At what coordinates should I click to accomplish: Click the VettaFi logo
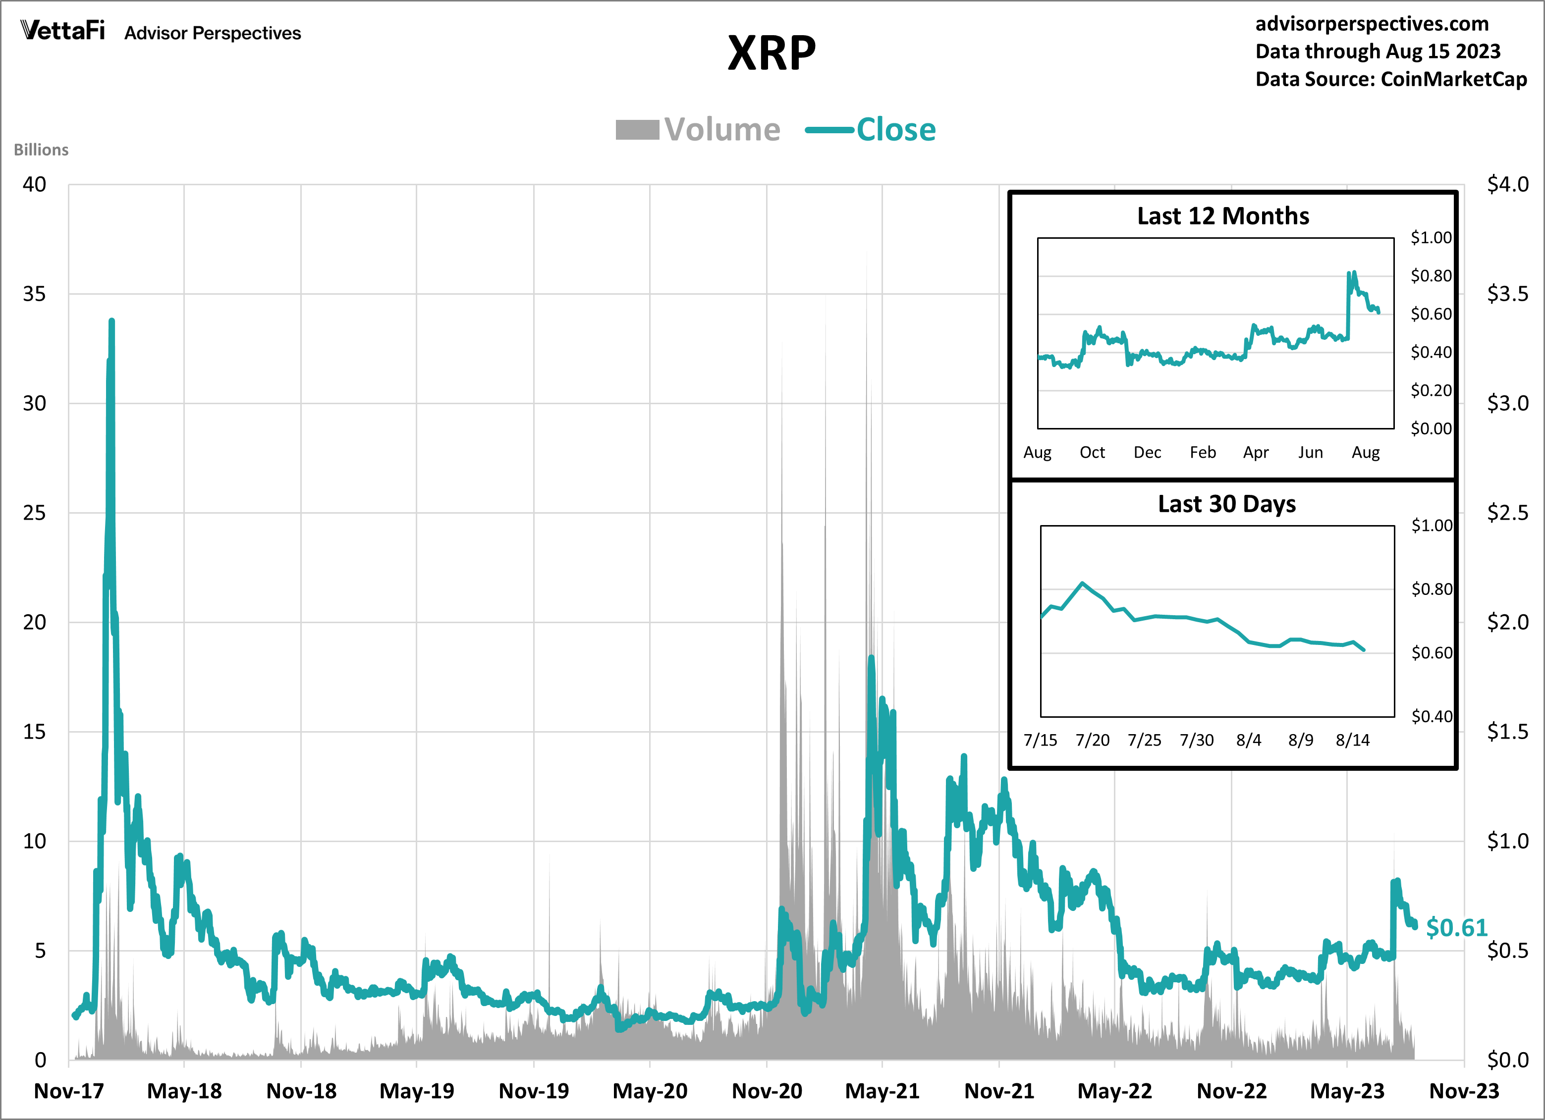click(x=62, y=31)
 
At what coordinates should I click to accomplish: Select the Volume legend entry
click(x=698, y=129)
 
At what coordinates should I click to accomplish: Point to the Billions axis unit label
click(x=41, y=150)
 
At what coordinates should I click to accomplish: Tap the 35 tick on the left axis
click(x=34, y=294)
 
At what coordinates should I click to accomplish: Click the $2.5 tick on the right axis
click(x=1507, y=513)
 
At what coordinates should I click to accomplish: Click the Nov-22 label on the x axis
click(x=1231, y=1091)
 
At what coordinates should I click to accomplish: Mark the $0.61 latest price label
click(x=1456, y=927)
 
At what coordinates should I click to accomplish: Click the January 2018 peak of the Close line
click(x=111, y=321)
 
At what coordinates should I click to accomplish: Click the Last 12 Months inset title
click(x=1223, y=216)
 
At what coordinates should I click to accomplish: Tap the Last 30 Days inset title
click(x=1226, y=504)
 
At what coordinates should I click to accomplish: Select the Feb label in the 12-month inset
click(x=1202, y=452)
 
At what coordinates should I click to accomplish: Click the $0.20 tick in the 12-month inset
click(x=1431, y=390)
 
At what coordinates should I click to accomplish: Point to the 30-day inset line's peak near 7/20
click(x=1083, y=583)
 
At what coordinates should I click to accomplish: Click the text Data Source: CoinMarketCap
click(x=1390, y=79)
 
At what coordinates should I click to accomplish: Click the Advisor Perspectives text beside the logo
click(x=212, y=33)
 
